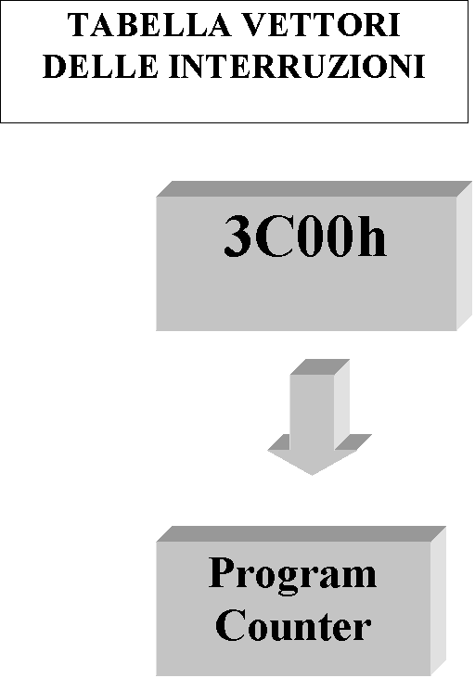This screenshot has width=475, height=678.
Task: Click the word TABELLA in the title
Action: click(149, 25)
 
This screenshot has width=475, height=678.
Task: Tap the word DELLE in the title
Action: click(100, 66)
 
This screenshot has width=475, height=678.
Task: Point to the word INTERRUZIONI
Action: click(297, 66)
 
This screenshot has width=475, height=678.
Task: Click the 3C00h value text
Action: click(305, 237)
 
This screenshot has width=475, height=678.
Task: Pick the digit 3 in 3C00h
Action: click(237, 237)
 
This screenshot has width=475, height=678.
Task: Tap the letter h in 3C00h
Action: click(371, 237)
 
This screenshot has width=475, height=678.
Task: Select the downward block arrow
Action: click(320, 416)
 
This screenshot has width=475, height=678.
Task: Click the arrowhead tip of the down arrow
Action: click(312, 475)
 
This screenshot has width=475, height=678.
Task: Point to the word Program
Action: click(292, 575)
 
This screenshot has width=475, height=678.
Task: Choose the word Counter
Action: click(293, 625)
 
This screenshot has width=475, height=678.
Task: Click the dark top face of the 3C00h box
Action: click(315, 189)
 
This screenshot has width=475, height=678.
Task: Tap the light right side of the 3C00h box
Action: click(464, 256)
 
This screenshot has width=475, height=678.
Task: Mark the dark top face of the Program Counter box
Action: click(302, 534)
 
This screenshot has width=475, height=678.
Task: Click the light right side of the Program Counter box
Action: click(438, 601)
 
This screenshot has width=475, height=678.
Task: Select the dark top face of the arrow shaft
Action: click(320, 366)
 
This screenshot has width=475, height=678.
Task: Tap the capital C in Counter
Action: click(230, 625)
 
